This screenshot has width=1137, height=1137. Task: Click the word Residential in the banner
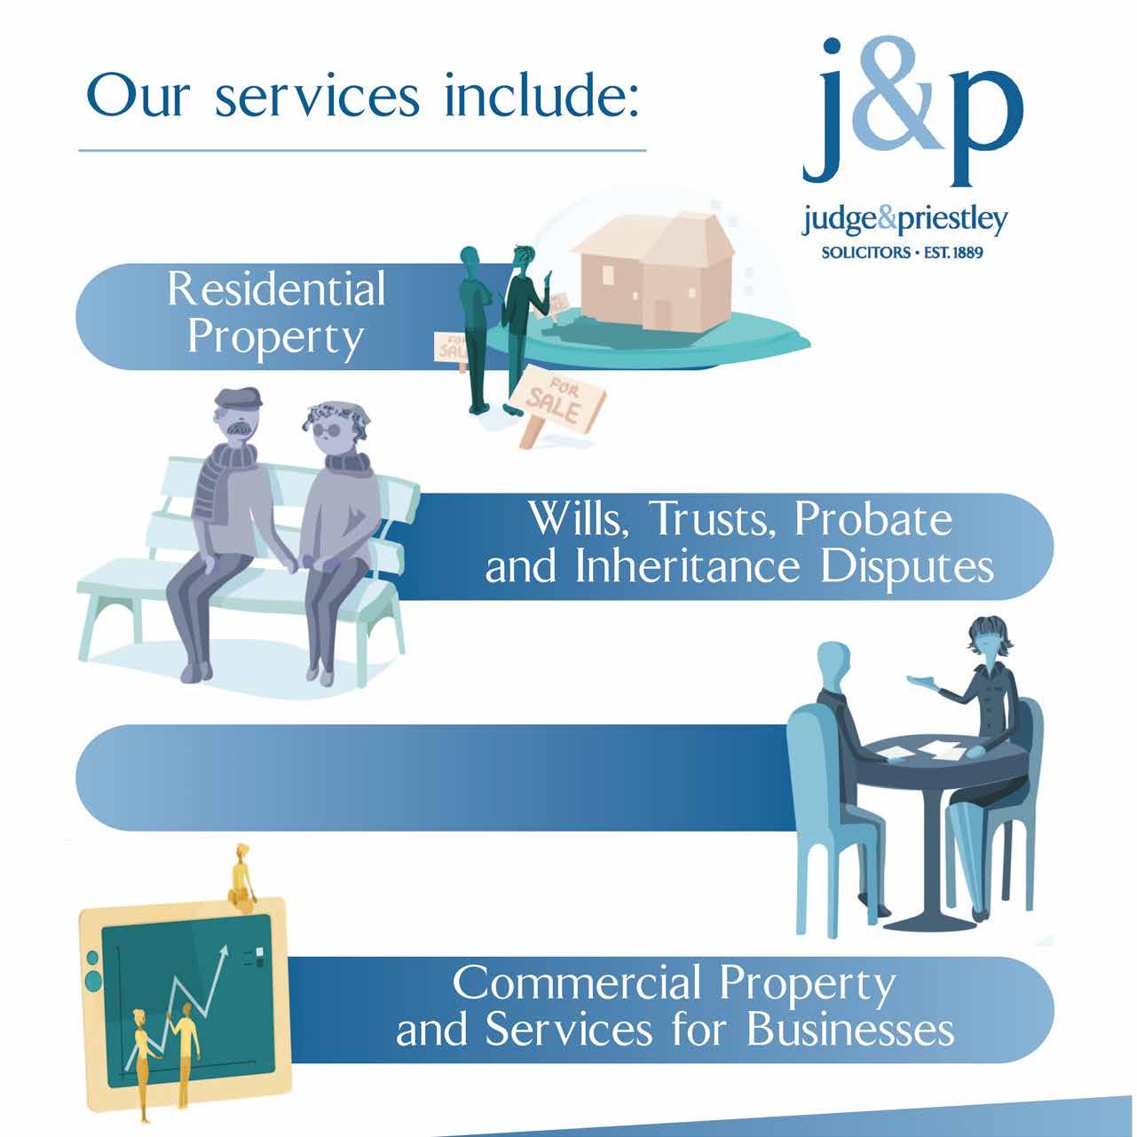(x=276, y=289)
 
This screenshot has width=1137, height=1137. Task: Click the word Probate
(x=873, y=520)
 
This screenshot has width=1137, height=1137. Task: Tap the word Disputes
(x=906, y=568)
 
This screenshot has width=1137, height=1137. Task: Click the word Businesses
(x=850, y=1030)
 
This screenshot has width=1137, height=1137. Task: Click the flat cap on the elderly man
(x=240, y=399)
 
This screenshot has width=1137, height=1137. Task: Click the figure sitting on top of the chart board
(x=241, y=873)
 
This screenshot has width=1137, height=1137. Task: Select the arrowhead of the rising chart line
(x=224, y=952)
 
